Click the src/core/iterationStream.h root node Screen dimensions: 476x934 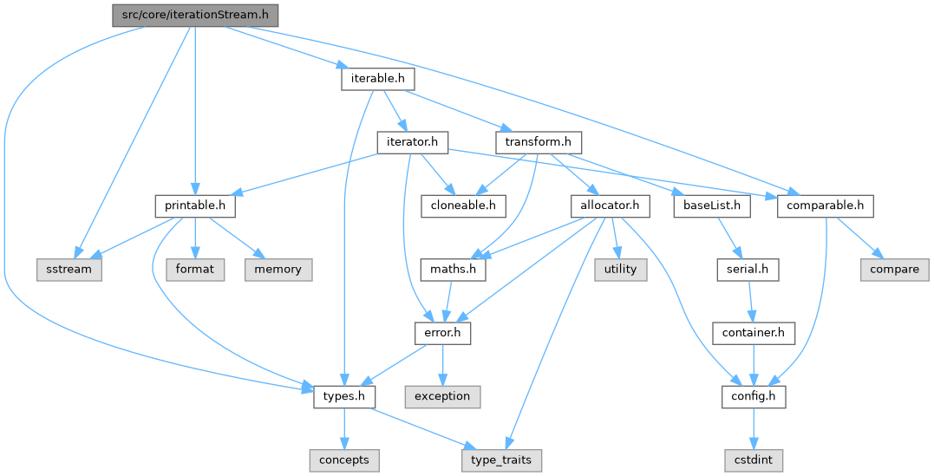pyautogui.click(x=195, y=16)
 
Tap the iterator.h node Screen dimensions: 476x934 pyautogui.click(x=411, y=141)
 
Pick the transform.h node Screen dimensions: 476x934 pyautogui.click(x=538, y=141)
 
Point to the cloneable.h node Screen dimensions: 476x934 pyautogui.click(x=464, y=206)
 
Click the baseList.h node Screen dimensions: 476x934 pyautogui.click(x=711, y=206)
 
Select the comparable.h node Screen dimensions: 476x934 pyautogui.click(x=825, y=206)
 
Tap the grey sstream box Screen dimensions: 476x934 pyautogui.click(x=69, y=269)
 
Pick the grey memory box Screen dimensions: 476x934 pyautogui.click(x=278, y=269)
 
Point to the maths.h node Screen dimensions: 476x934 pyautogui.click(x=453, y=269)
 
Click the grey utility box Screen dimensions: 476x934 pyautogui.click(x=620, y=269)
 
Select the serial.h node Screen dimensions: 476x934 pyautogui.click(x=747, y=269)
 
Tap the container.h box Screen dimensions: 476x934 pyautogui.click(x=754, y=332)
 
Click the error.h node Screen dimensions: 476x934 pyautogui.click(x=442, y=332)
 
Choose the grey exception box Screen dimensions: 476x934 pyautogui.click(x=442, y=396)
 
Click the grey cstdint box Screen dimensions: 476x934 pyautogui.click(x=754, y=459)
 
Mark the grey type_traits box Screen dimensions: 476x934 pyautogui.click(x=502, y=459)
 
